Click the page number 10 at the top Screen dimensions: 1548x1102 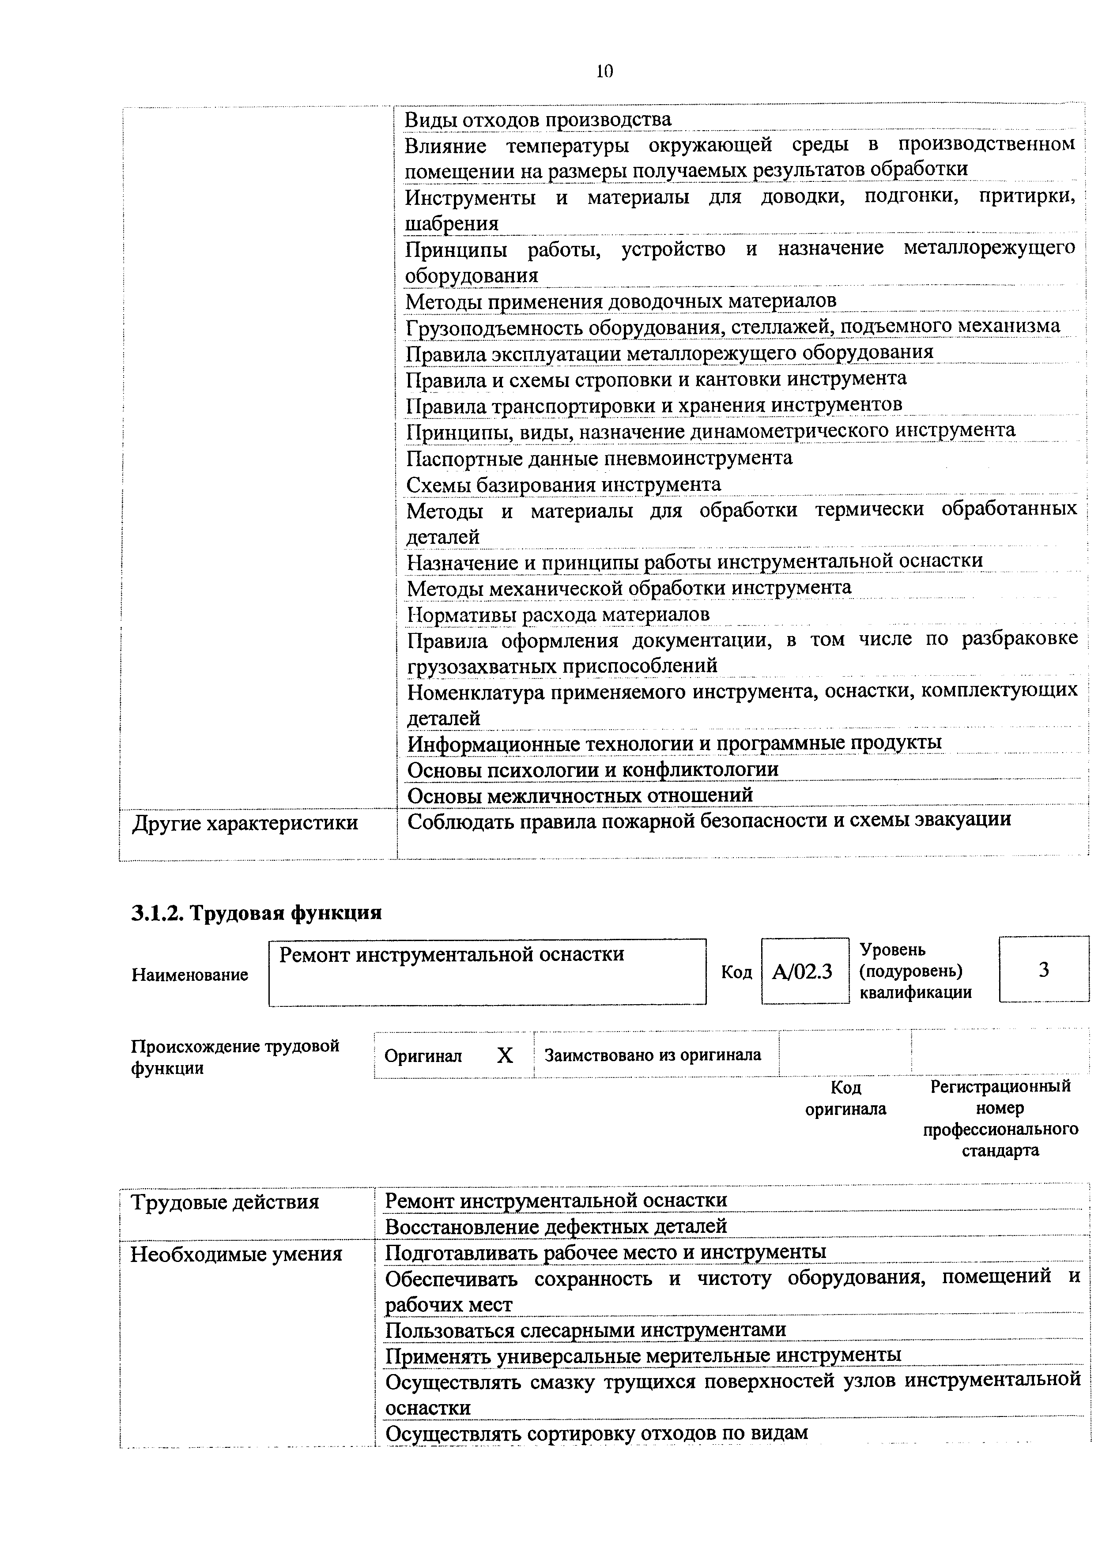point(604,71)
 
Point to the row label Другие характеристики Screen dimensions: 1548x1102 point(245,823)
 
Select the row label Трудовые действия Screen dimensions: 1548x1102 point(225,1202)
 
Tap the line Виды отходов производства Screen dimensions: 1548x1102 point(537,119)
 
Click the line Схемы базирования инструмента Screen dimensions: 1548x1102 point(563,484)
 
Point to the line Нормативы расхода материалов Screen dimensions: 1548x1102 point(558,614)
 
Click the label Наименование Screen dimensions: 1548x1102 point(190,975)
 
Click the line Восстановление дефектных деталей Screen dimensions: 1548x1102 point(556,1226)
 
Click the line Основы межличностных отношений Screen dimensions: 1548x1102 point(580,795)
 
